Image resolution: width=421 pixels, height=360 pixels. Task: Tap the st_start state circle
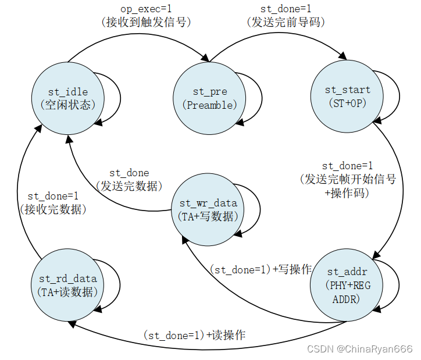[x=347, y=96]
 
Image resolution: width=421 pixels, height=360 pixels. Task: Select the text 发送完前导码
[x=286, y=23]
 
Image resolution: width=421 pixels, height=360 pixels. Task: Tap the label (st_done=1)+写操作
[x=261, y=270]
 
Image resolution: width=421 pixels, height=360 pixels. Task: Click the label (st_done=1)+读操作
[x=194, y=336]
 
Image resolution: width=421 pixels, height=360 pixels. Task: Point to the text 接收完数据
[x=53, y=209]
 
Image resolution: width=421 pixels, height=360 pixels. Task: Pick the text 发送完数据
[x=129, y=186]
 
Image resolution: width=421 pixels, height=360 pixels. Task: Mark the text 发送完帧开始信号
[x=348, y=179]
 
